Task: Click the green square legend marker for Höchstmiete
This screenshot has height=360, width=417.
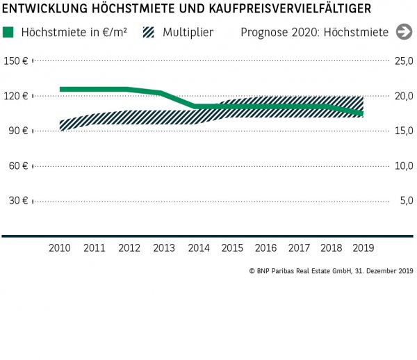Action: coord(8,32)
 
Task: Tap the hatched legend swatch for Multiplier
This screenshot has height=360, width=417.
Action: coord(148,32)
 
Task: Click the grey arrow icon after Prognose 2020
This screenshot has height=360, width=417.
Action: coord(403,32)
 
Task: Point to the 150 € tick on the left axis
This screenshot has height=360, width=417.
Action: coord(15,61)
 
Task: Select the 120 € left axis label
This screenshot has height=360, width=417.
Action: coord(15,96)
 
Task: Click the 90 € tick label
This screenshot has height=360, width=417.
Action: coord(17,131)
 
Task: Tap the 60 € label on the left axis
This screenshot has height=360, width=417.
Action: coord(17,165)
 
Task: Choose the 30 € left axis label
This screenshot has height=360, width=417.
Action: coord(17,200)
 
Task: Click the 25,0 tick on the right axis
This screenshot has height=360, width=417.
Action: coord(404,61)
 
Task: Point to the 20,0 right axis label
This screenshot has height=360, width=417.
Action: coord(404,96)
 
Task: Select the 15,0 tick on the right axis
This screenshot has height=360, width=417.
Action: coord(404,131)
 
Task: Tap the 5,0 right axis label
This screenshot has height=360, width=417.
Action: coord(406,200)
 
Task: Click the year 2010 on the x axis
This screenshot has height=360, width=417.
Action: coord(60,247)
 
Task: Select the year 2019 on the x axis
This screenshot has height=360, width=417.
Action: coord(363,247)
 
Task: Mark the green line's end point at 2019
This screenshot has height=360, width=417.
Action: coord(362,113)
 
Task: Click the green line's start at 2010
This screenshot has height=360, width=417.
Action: coord(61,89)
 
